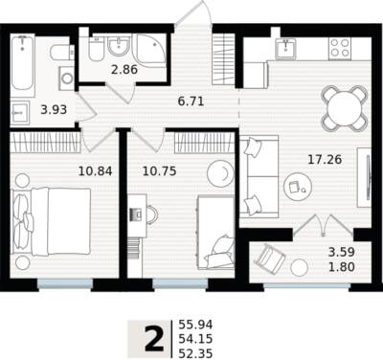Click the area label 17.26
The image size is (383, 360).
pyautogui.click(x=325, y=159)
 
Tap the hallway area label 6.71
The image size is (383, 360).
pyautogui.click(x=191, y=101)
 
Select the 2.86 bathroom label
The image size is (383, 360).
pyautogui.click(x=124, y=69)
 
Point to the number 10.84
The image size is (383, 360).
pyautogui.click(x=95, y=171)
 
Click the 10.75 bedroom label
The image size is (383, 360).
pyautogui.click(x=159, y=171)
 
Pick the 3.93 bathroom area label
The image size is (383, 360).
pyautogui.click(x=54, y=110)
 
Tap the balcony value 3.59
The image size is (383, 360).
pyautogui.click(x=342, y=253)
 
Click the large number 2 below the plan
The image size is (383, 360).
pyautogui.click(x=155, y=340)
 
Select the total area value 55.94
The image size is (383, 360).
pyautogui.click(x=195, y=325)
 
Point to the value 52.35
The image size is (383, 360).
pyautogui.click(x=195, y=354)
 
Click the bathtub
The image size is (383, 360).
pyautogui.click(x=23, y=65)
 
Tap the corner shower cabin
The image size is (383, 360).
pyautogui.click(x=151, y=50)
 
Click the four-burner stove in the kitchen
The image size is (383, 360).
pyautogui.click(x=340, y=48)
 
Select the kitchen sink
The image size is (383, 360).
pyautogui.click(x=286, y=49)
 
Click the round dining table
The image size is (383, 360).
pyautogui.click(x=344, y=108)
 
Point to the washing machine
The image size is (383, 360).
pyautogui.click(x=67, y=79)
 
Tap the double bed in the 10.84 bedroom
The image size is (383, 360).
pyautogui.click(x=51, y=222)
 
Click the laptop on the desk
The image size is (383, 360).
pyautogui.click(x=136, y=214)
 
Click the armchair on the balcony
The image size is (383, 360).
pyautogui.click(x=270, y=258)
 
